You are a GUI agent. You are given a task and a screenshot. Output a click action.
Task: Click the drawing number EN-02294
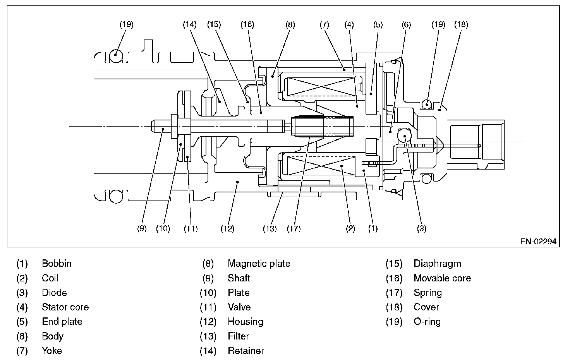[538, 241]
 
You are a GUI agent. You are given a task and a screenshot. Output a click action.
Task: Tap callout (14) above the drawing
[190, 24]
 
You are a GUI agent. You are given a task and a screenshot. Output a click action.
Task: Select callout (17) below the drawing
[294, 229]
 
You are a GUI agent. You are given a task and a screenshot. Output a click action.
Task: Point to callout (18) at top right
[461, 24]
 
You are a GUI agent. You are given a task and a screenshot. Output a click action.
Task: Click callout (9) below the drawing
[142, 228]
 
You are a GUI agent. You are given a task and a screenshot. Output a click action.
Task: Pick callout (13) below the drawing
[270, 229]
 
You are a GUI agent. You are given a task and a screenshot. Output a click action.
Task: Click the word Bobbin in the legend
[57, 263]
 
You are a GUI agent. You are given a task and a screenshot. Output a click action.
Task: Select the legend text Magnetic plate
[259, 263]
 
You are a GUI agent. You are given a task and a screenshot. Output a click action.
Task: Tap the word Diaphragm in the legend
[438, 264]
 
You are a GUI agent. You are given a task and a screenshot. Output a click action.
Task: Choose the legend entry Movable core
[442, 278]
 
